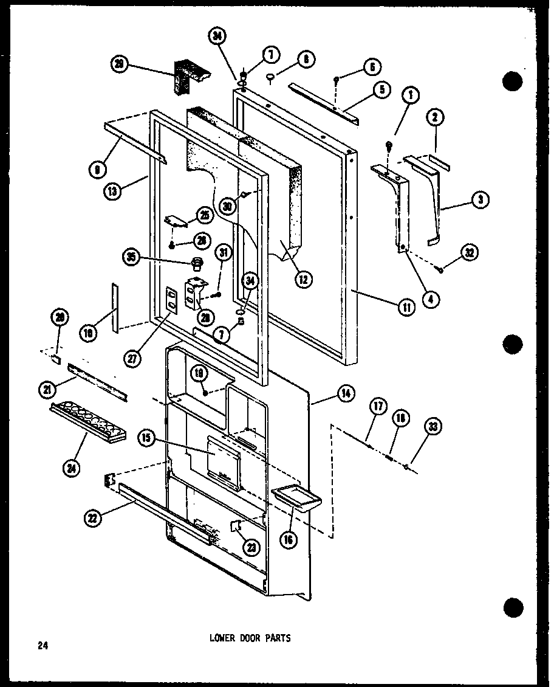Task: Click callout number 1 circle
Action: point(411,95)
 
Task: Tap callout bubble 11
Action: point(406,307)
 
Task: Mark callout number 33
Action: point(432,427)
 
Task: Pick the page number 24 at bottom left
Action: point(42,645)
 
